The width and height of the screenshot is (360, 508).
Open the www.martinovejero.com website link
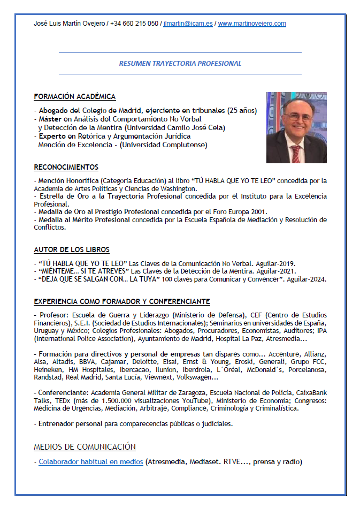251,24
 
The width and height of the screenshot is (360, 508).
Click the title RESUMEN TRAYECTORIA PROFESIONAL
180,63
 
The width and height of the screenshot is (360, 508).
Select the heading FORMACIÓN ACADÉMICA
74,97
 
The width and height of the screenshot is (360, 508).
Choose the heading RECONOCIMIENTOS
66,168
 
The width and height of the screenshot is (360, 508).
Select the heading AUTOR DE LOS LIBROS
72,250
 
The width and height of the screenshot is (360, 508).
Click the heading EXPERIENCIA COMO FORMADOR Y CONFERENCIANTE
121,302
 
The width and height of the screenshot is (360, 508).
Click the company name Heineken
48,370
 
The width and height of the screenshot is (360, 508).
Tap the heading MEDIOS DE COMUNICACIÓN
85,447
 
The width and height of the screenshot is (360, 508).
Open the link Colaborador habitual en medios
90,461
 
